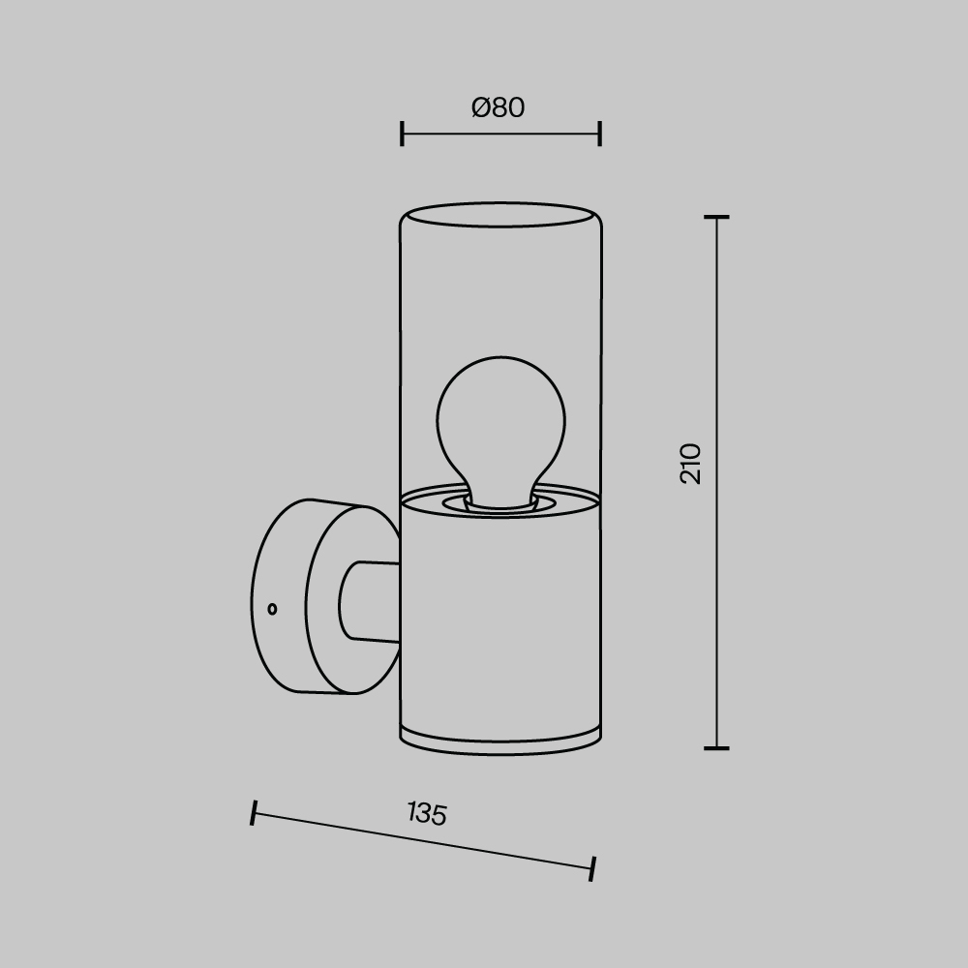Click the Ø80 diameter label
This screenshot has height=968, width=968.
[x=498, y=107]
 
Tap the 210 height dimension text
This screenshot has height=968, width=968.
[x=691, y=464]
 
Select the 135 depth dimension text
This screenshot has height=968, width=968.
[x=427, y=813]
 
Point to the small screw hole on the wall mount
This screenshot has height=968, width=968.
[x=272, y=609]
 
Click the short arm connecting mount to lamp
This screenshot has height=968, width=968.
[x=369, y=600]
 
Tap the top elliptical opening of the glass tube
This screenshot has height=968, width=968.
[x=500, y=214]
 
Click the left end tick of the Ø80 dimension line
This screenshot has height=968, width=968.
[x=402, y=134]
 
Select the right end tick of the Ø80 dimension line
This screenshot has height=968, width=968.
[x=600, y=134]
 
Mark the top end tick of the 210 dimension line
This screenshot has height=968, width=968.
[x=716, y=217]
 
